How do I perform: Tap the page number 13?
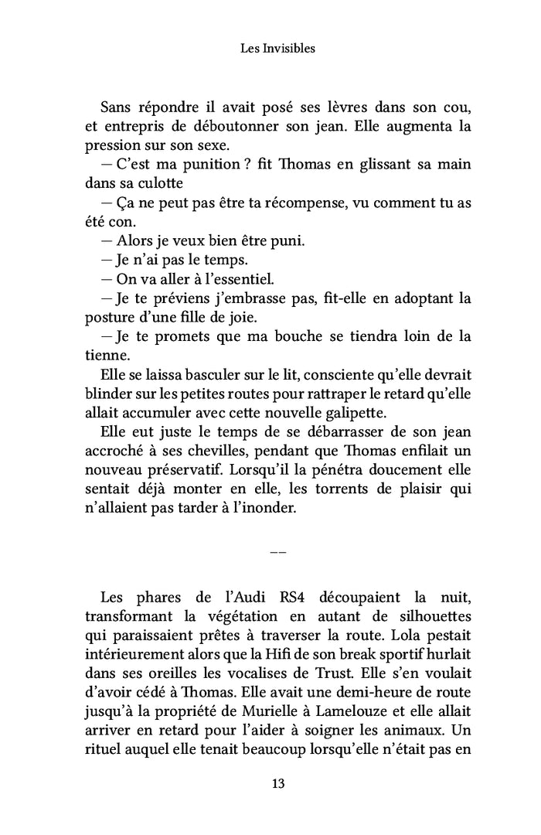pyautogui.click(x=278, y=783)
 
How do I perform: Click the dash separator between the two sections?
pyautogui.click(x=278, y=553)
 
